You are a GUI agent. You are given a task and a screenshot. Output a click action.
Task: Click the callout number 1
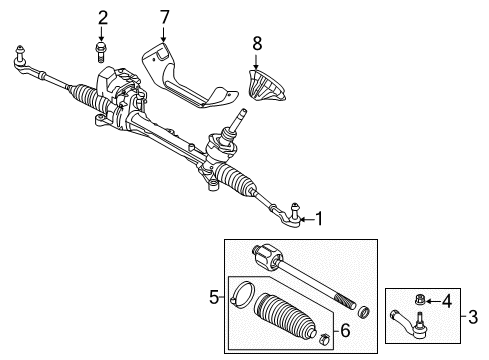[x=319, y=219]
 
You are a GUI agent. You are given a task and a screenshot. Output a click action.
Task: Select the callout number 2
[x=103, y=18]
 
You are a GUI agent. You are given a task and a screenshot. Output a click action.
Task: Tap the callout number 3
[x=473, y=317]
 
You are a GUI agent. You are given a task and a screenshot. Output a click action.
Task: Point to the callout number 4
[x=447, y=301]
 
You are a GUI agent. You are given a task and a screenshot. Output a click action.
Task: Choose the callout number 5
[x=214, y=297]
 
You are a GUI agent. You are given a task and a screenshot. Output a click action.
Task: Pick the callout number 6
[x=345, y=330]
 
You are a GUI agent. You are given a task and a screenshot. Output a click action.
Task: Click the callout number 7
[x=164, y=17]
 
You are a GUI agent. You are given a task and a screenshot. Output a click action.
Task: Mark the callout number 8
[x=257, y=43]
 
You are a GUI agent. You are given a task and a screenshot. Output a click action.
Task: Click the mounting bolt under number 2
[x=100, y=52]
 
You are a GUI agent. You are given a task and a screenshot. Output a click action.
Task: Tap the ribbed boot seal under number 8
[x=266, y=85]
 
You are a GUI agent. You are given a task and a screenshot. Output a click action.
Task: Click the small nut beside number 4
[x=420, y=300]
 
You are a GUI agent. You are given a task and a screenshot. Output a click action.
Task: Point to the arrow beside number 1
[x=307, y=219]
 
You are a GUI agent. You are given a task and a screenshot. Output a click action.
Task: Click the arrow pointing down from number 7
[x=164, y=35]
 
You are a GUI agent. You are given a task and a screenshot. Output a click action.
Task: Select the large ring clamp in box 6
[x=242, y=294]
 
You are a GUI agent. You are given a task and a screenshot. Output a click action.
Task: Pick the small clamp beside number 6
[x=325, y=338]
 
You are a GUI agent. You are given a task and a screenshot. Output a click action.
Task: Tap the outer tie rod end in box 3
[x=409, y=323]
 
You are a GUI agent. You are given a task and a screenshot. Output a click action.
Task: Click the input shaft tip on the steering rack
[x=242, y=113]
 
